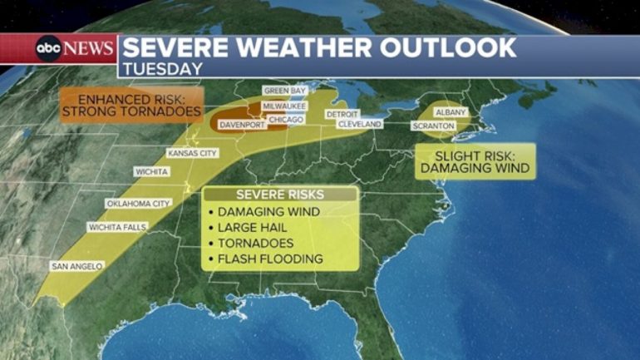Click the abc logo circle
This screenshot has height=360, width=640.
pyautogui.click(x=48, y=49)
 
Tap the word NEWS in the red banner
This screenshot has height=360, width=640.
pyautogui.click(x=89, y=49)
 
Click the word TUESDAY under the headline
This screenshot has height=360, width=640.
pyautogui.click(x=163, y=69)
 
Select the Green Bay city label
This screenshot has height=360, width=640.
pyautogui.click(x=285, y=90)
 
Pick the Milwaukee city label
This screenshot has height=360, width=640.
pyautogui.click(x=285, y=106)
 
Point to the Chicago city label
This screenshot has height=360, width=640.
pyautogui.click(x=286, y=120)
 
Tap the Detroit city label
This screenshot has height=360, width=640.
pyautogui.click(x=342, y=113)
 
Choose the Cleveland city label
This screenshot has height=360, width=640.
pyautogui.click(x=359, y=124)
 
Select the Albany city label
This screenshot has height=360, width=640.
pyautogui.click(x=451, y=111)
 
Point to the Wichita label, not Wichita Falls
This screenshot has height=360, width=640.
pyautogui.click(x=151, y=172)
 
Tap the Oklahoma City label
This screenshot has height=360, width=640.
pyautogui.click(x=138, y=203)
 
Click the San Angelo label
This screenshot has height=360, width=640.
pyautogui.click(x=76, y=266)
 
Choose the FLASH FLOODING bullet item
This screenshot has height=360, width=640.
pyautogui.click(x=269, y=259)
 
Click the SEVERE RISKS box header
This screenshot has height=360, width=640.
pyautogui.click(x=281, y=195)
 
